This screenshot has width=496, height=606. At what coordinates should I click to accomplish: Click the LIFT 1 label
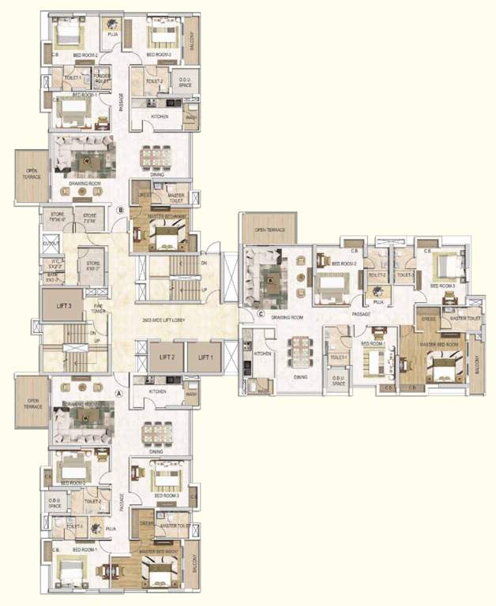click(206, 357)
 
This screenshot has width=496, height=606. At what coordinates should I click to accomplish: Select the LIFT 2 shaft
click(167, 357)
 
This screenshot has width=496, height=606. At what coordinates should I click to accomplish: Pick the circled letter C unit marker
click(261, 314)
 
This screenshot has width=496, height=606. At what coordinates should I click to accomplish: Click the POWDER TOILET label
click(103, 79)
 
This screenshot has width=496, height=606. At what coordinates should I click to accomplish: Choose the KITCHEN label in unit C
click(263, 354)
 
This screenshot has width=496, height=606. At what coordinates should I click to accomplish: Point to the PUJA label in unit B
click(113, 35)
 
